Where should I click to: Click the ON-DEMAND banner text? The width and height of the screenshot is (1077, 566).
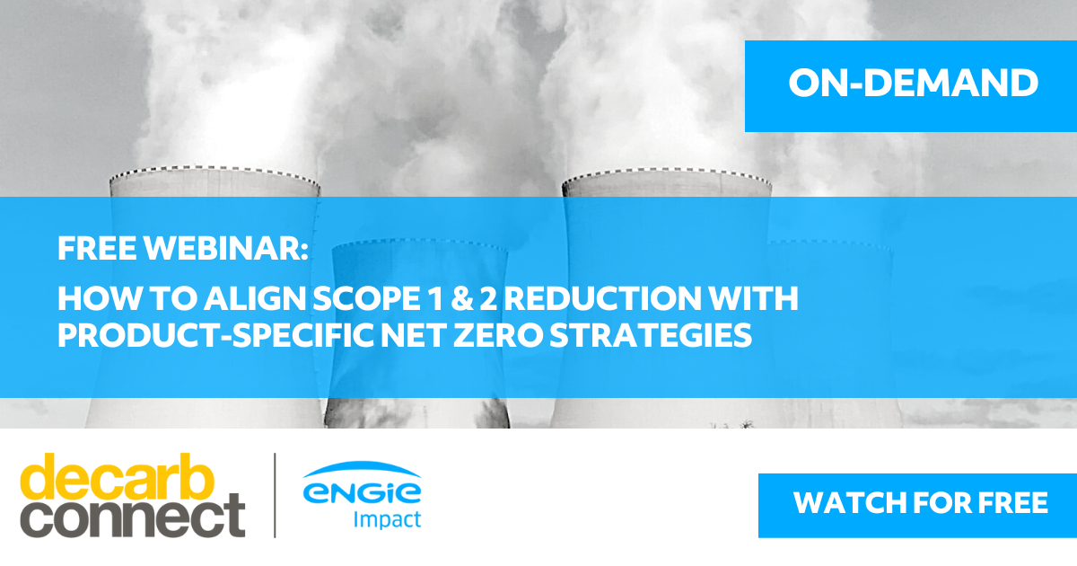coord(913,83)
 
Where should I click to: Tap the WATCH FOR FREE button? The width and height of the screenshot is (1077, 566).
coord(917,505)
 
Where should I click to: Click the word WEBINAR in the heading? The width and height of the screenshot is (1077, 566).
coord(225,248)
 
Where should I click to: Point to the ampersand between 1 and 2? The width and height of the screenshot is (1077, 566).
coord(462,299)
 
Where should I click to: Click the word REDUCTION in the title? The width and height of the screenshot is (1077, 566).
coord(603,299)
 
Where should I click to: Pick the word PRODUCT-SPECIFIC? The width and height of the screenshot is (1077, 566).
coord(216,335)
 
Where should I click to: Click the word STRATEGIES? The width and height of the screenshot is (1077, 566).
coord(651,335)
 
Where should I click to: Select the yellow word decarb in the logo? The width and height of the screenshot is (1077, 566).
coord(117,477)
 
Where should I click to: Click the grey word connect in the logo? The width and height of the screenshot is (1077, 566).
coord(133,516)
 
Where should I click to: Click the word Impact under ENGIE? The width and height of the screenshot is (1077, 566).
coord(387,520)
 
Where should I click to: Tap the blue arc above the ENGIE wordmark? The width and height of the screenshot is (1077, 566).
coord(362,467)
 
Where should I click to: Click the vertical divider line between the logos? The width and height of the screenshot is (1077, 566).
coord(275,495)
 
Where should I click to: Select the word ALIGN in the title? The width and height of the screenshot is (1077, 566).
coord(255,299)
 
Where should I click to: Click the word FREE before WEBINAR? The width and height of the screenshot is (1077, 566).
coord(97,248)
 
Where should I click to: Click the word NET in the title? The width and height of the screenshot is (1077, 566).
coord(413,335)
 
